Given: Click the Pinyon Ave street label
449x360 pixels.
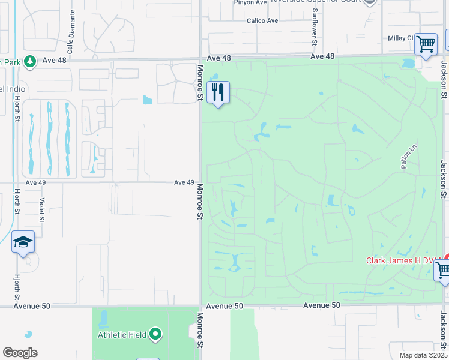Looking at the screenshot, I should [x=253, y=2].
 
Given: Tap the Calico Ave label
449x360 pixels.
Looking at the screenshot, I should [x=262, y=20].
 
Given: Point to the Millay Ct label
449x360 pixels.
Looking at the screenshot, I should [x=402, y=38].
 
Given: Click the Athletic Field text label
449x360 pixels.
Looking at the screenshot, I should [x=122, y=334].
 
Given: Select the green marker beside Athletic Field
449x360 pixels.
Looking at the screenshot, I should [x=156, y=334].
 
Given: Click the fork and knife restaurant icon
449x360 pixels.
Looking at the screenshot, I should [x=218, y=92].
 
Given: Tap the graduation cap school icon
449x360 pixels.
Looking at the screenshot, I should [x=23, y=242].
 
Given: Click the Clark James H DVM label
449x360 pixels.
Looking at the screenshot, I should [x=403, y=260].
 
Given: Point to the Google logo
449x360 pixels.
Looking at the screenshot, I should [x=20, y=353].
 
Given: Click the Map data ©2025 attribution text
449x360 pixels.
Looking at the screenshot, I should [x=423, y=355].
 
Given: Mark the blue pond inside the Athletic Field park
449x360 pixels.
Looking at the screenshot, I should [x=103, y=318].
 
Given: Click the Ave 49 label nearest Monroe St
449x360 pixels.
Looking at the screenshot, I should [x=184, y=182].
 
